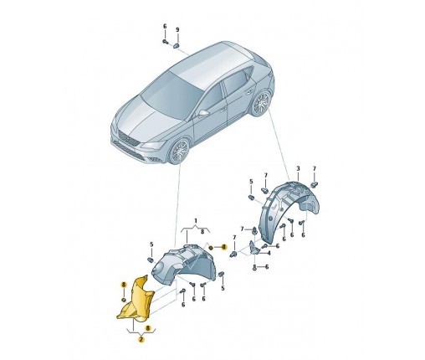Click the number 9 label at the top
point(177,29)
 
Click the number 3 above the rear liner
point(298,168)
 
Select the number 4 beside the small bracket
point(269,254)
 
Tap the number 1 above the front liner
point(196,221)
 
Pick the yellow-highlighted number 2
point(141,340)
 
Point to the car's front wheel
point(180,151)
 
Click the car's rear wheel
point(261,103)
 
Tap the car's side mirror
point(204,113)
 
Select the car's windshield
point(170,94)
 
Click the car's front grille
point(127,138)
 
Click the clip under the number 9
point(177,45)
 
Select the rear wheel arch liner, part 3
point(287,209)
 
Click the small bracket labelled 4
point(254,248)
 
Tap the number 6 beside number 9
point(165,27)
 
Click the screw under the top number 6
point(165,42)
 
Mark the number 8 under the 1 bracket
point(202,231)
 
